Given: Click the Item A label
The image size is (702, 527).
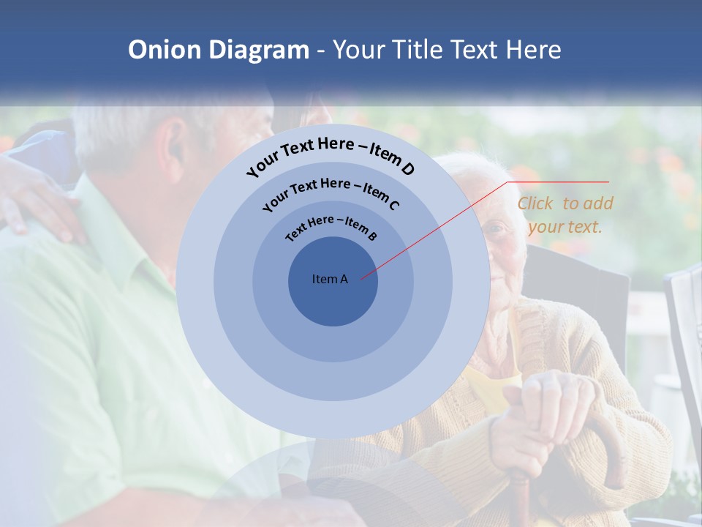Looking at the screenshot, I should [330, 279].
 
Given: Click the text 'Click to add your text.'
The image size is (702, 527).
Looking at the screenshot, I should [565, 214].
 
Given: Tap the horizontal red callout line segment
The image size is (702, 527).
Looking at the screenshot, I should [559, 182].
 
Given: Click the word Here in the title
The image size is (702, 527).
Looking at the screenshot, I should [528, 50].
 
